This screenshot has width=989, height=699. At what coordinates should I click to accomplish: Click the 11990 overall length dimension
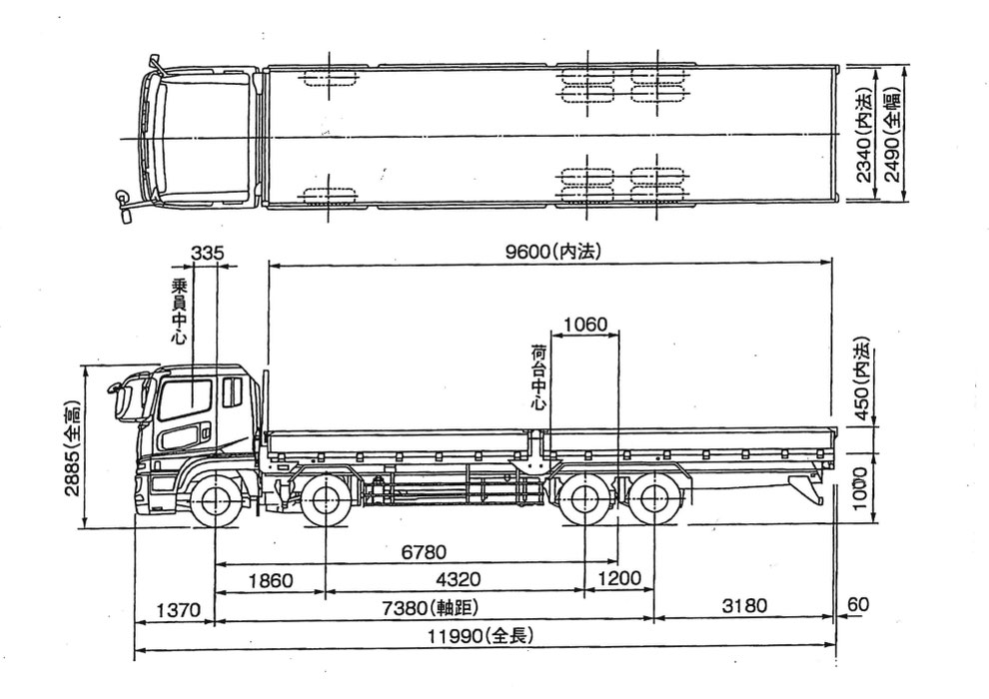coord(481,635)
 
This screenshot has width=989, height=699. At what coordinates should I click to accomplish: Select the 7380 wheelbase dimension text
coord(431,607)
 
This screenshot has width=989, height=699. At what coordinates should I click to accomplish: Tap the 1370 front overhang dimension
coord(179,609)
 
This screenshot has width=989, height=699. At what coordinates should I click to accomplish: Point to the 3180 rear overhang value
coord(744,606)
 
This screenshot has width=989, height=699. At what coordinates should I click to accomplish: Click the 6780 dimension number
coord(424,552)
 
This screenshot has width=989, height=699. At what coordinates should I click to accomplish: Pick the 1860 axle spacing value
coord(271,580)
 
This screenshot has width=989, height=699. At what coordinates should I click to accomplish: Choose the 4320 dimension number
coord(458,579)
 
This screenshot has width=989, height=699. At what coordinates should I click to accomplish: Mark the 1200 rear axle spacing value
coord(618,578)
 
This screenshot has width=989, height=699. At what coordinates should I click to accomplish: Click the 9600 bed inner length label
coord(553,252)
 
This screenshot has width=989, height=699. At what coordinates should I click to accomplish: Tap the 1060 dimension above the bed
coord(585,325)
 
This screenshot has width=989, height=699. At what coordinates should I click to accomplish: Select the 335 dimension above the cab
coord(207,254)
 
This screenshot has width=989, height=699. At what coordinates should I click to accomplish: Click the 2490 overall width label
coord(892,134)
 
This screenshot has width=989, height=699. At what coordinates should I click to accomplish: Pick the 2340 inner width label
coord(864,135)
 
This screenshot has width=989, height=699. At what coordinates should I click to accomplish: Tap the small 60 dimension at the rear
coord(858,604)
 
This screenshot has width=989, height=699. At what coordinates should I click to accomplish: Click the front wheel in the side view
coord(216,500)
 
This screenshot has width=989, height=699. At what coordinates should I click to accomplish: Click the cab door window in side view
coord(185,399)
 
